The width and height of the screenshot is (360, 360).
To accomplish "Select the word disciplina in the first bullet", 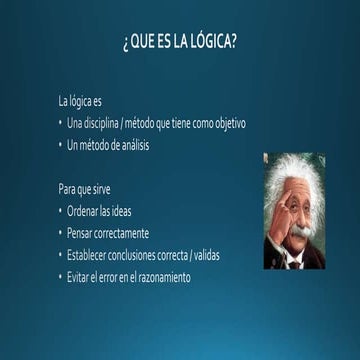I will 100,124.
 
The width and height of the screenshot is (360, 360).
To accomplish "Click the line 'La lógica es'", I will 80,102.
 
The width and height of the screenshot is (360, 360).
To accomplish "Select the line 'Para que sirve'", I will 85,189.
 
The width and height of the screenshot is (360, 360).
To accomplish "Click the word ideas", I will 120,211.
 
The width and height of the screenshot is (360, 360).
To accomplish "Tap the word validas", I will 207,255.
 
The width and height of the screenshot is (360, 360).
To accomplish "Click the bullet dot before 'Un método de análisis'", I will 60,145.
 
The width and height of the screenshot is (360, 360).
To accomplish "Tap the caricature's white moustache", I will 297,233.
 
